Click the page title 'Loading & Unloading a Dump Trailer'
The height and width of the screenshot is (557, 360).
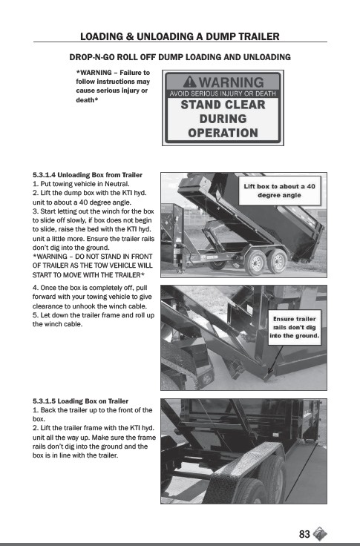pos(180,36)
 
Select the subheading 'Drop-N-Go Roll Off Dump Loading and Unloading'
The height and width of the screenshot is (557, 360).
pos(180,57)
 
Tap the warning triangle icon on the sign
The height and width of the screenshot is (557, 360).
pos(190,82)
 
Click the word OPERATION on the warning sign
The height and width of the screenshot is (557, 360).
pos(223,133)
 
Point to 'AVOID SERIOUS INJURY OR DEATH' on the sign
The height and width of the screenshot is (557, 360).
pos(223,93)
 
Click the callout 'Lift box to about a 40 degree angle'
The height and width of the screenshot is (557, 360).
pos(279,191)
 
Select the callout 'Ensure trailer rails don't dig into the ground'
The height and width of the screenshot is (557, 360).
pos(294,327)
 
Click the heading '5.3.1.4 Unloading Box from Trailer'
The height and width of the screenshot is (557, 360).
pos(88,175)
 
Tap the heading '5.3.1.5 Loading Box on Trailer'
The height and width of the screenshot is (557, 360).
pos(80,401)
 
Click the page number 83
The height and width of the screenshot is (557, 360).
pos(304,534)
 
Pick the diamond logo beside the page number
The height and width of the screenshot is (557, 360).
pos(320,533)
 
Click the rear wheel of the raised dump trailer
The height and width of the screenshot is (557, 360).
pos(277,261)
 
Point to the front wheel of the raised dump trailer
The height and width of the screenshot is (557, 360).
pos(255,262)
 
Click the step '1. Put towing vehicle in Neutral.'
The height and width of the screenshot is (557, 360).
pos(81,184)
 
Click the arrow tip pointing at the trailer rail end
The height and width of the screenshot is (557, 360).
pos(269,374)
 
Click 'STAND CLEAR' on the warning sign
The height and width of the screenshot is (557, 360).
pos(223,105)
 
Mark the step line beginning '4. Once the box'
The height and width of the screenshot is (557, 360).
pos(90,288)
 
